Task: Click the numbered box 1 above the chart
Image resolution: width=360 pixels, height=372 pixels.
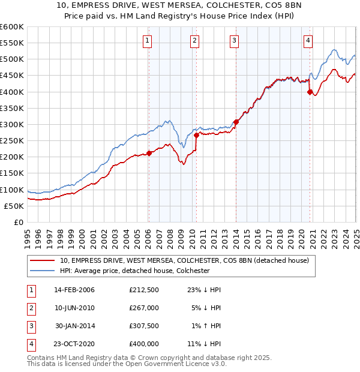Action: [148, 41]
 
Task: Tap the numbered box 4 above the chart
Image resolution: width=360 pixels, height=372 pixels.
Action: [308, 41]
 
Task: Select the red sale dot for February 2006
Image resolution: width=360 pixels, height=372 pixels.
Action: [149, 152]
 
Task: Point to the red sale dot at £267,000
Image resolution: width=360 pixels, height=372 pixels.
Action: [196, 134]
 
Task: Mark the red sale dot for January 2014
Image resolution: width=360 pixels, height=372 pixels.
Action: [236, 122]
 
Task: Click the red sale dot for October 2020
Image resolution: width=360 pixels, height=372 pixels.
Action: [310, 92]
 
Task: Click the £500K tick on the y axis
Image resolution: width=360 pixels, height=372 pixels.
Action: [12, 59]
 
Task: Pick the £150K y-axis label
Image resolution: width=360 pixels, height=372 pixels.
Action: [12, 173]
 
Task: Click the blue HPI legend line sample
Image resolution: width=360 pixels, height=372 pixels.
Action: [42, 271]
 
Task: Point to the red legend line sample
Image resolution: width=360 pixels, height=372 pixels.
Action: [42, 260]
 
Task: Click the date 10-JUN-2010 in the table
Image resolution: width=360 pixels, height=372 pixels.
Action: [74, 308]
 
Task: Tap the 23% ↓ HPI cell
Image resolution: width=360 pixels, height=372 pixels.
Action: [204, 290]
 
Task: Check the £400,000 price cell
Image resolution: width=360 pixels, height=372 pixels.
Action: [144, 344]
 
